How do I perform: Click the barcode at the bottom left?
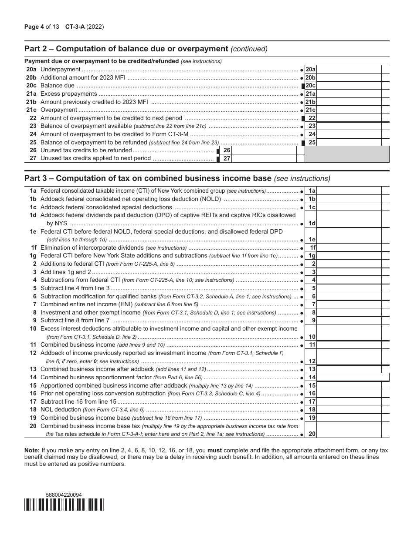pos(64,505)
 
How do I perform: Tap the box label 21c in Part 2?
pos(310,110)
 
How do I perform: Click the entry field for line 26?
pos(264,150)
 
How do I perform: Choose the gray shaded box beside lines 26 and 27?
pos(346,154)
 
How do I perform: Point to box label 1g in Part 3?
pos(312,256)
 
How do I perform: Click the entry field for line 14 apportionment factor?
pos(352,378)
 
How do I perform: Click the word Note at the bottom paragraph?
pos(32,450)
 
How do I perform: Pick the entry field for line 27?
pos(264,158)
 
